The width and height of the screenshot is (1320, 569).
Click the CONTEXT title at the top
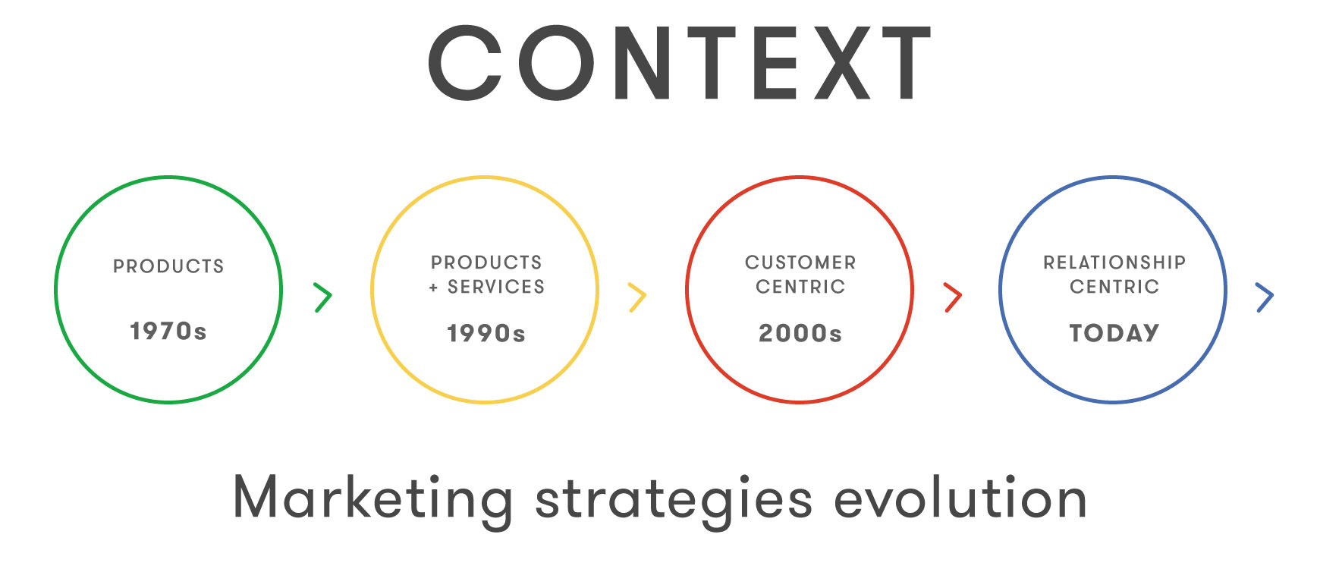680,63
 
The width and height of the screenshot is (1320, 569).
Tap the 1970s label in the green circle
168,332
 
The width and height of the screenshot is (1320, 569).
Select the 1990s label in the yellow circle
486,333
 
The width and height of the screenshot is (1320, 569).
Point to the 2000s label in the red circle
800,333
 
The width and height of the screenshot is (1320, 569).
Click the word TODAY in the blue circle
1114,333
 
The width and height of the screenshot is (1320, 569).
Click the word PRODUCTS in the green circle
168,266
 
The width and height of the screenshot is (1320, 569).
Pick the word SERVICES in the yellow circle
496,287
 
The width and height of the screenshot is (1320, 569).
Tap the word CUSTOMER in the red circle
800,262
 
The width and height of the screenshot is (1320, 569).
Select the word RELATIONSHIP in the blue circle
1114,262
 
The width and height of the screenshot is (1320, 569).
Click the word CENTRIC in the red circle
800,287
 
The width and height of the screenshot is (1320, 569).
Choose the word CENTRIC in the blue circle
1114,287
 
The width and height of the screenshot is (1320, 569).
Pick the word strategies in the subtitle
674,501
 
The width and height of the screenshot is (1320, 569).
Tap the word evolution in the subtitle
960,498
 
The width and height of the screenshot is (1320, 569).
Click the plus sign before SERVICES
434,288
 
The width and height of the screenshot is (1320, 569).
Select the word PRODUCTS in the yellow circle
486,262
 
